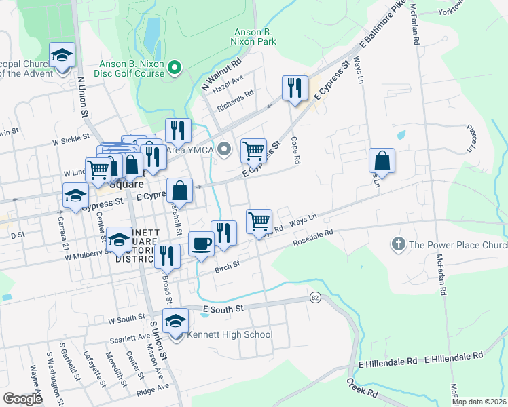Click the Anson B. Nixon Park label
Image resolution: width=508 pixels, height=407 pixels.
[255, 37]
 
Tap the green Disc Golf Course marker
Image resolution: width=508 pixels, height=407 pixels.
[175, 66]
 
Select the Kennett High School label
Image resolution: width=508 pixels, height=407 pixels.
[220, 334]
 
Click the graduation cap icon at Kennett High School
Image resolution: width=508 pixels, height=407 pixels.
[176, 320]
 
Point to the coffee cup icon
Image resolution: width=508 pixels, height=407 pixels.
[200, 244]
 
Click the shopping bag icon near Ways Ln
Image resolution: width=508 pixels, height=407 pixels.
[382, 161]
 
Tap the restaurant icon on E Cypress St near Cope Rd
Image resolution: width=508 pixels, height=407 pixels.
[294, 88]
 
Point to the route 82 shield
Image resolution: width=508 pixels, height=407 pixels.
[314, 298]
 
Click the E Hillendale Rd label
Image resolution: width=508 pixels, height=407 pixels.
[454, 355]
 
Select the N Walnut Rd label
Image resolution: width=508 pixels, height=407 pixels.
[221, 75]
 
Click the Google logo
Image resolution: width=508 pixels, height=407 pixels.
[22, 399]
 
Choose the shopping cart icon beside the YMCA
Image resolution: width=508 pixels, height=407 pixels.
[253, 150]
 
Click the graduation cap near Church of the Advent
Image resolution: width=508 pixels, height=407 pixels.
[62, 54]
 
